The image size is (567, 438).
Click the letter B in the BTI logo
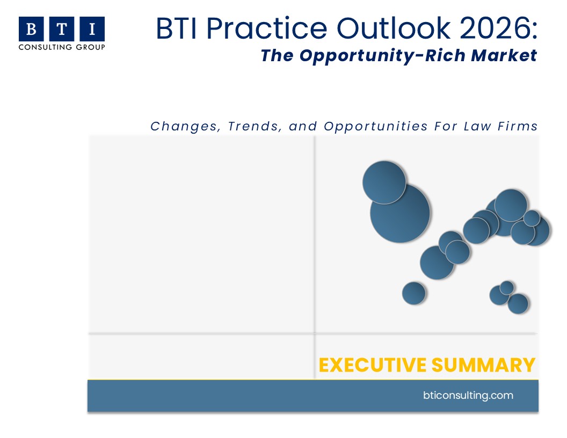point(31,29)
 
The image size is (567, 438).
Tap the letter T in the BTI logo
point(62,29)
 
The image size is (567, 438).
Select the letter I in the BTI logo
point(92,29)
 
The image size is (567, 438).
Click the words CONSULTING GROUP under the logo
point(62,47)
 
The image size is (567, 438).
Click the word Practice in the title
point(266,28)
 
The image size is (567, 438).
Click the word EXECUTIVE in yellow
point(373,365)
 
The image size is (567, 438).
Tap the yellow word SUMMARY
point(483,365)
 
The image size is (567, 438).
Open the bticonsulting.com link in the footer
point(468,395)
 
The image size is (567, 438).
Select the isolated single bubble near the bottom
point(414,293)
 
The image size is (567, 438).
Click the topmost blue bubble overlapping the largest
point(384,182)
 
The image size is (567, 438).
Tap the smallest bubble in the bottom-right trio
point(507,288)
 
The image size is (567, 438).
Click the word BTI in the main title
point(177,28)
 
